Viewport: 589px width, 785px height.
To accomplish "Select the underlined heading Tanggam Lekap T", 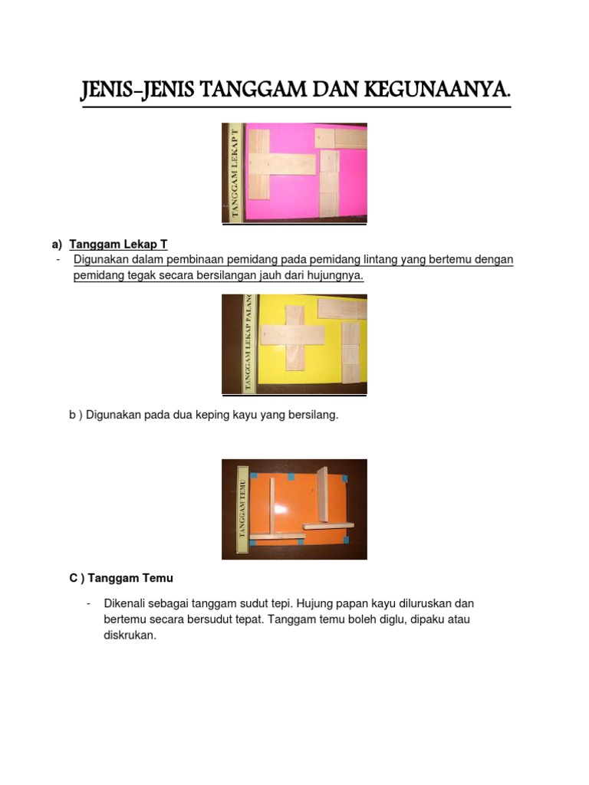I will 118,245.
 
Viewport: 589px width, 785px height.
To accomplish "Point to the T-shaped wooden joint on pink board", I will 281,167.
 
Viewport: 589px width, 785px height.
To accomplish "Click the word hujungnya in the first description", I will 334,276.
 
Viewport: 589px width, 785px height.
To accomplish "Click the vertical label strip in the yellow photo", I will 248,344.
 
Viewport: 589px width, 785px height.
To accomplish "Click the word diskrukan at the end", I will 130,635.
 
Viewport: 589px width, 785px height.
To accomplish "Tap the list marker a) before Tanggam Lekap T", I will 57,245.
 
